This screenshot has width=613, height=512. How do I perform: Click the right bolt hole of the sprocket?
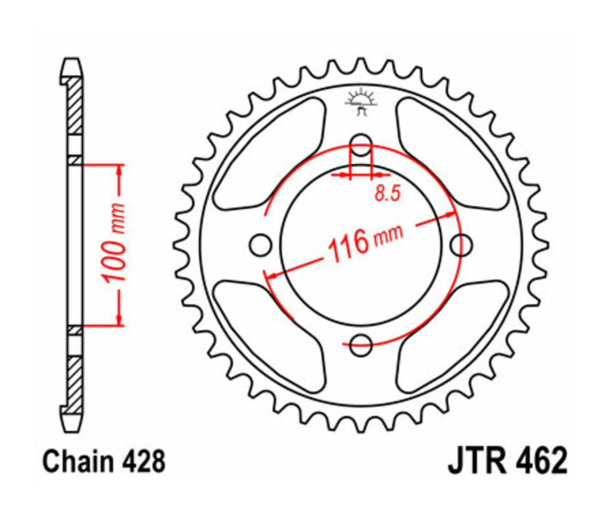pos(462,243)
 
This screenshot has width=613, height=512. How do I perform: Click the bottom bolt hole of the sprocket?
pos(361,345)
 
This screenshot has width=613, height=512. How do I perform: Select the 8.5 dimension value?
pos(386,195)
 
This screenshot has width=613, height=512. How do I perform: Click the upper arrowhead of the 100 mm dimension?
pos(120,170)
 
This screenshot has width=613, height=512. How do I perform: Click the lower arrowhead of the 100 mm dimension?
pos(120,319)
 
